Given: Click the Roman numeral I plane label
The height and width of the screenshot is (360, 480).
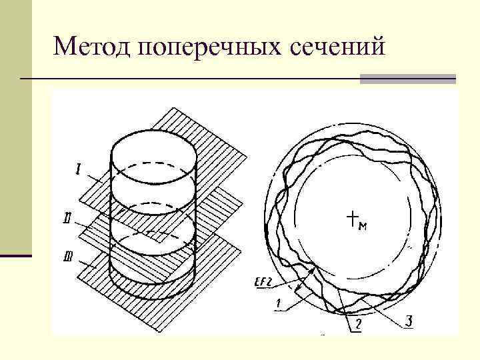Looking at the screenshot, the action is click(79, 172).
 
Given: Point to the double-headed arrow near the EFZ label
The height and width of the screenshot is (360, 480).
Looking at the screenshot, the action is click(304, 281).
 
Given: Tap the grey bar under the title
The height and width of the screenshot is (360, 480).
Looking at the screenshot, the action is click(407, 79).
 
